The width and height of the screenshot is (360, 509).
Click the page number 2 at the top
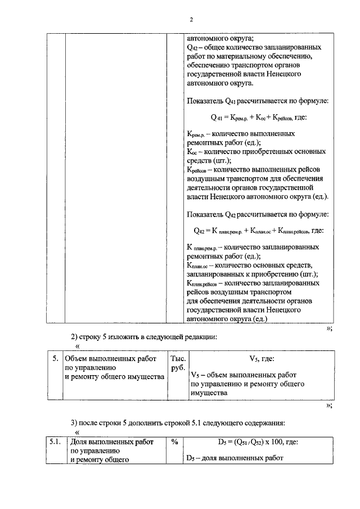point(191,20)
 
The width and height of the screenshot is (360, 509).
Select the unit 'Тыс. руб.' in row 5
point(178,363)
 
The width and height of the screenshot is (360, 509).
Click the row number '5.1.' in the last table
point(55,443)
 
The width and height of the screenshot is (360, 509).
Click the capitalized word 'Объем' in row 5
point(77,358)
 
